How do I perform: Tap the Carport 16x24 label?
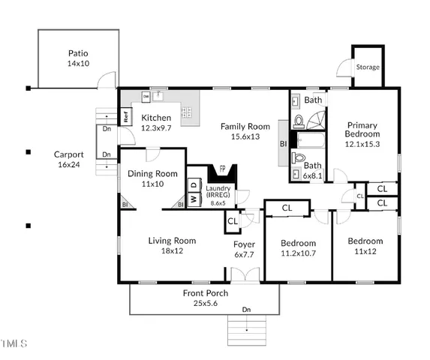[69, 159]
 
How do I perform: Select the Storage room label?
[368, 67]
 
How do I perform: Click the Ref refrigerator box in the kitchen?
[127, 117]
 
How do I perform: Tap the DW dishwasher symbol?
[146, 97]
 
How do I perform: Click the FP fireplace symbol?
[221, 170]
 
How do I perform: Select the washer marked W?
[192, 199]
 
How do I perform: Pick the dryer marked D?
[192, 184]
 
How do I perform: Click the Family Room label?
[245, 131]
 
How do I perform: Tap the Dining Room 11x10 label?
[152, 178]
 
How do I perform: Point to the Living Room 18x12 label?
[172, 245]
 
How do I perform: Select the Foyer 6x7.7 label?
[244, 249]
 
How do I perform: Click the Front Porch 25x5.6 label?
[204, 298]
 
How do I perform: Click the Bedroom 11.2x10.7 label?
[298, 248]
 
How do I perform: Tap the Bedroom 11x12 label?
[364, 246]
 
